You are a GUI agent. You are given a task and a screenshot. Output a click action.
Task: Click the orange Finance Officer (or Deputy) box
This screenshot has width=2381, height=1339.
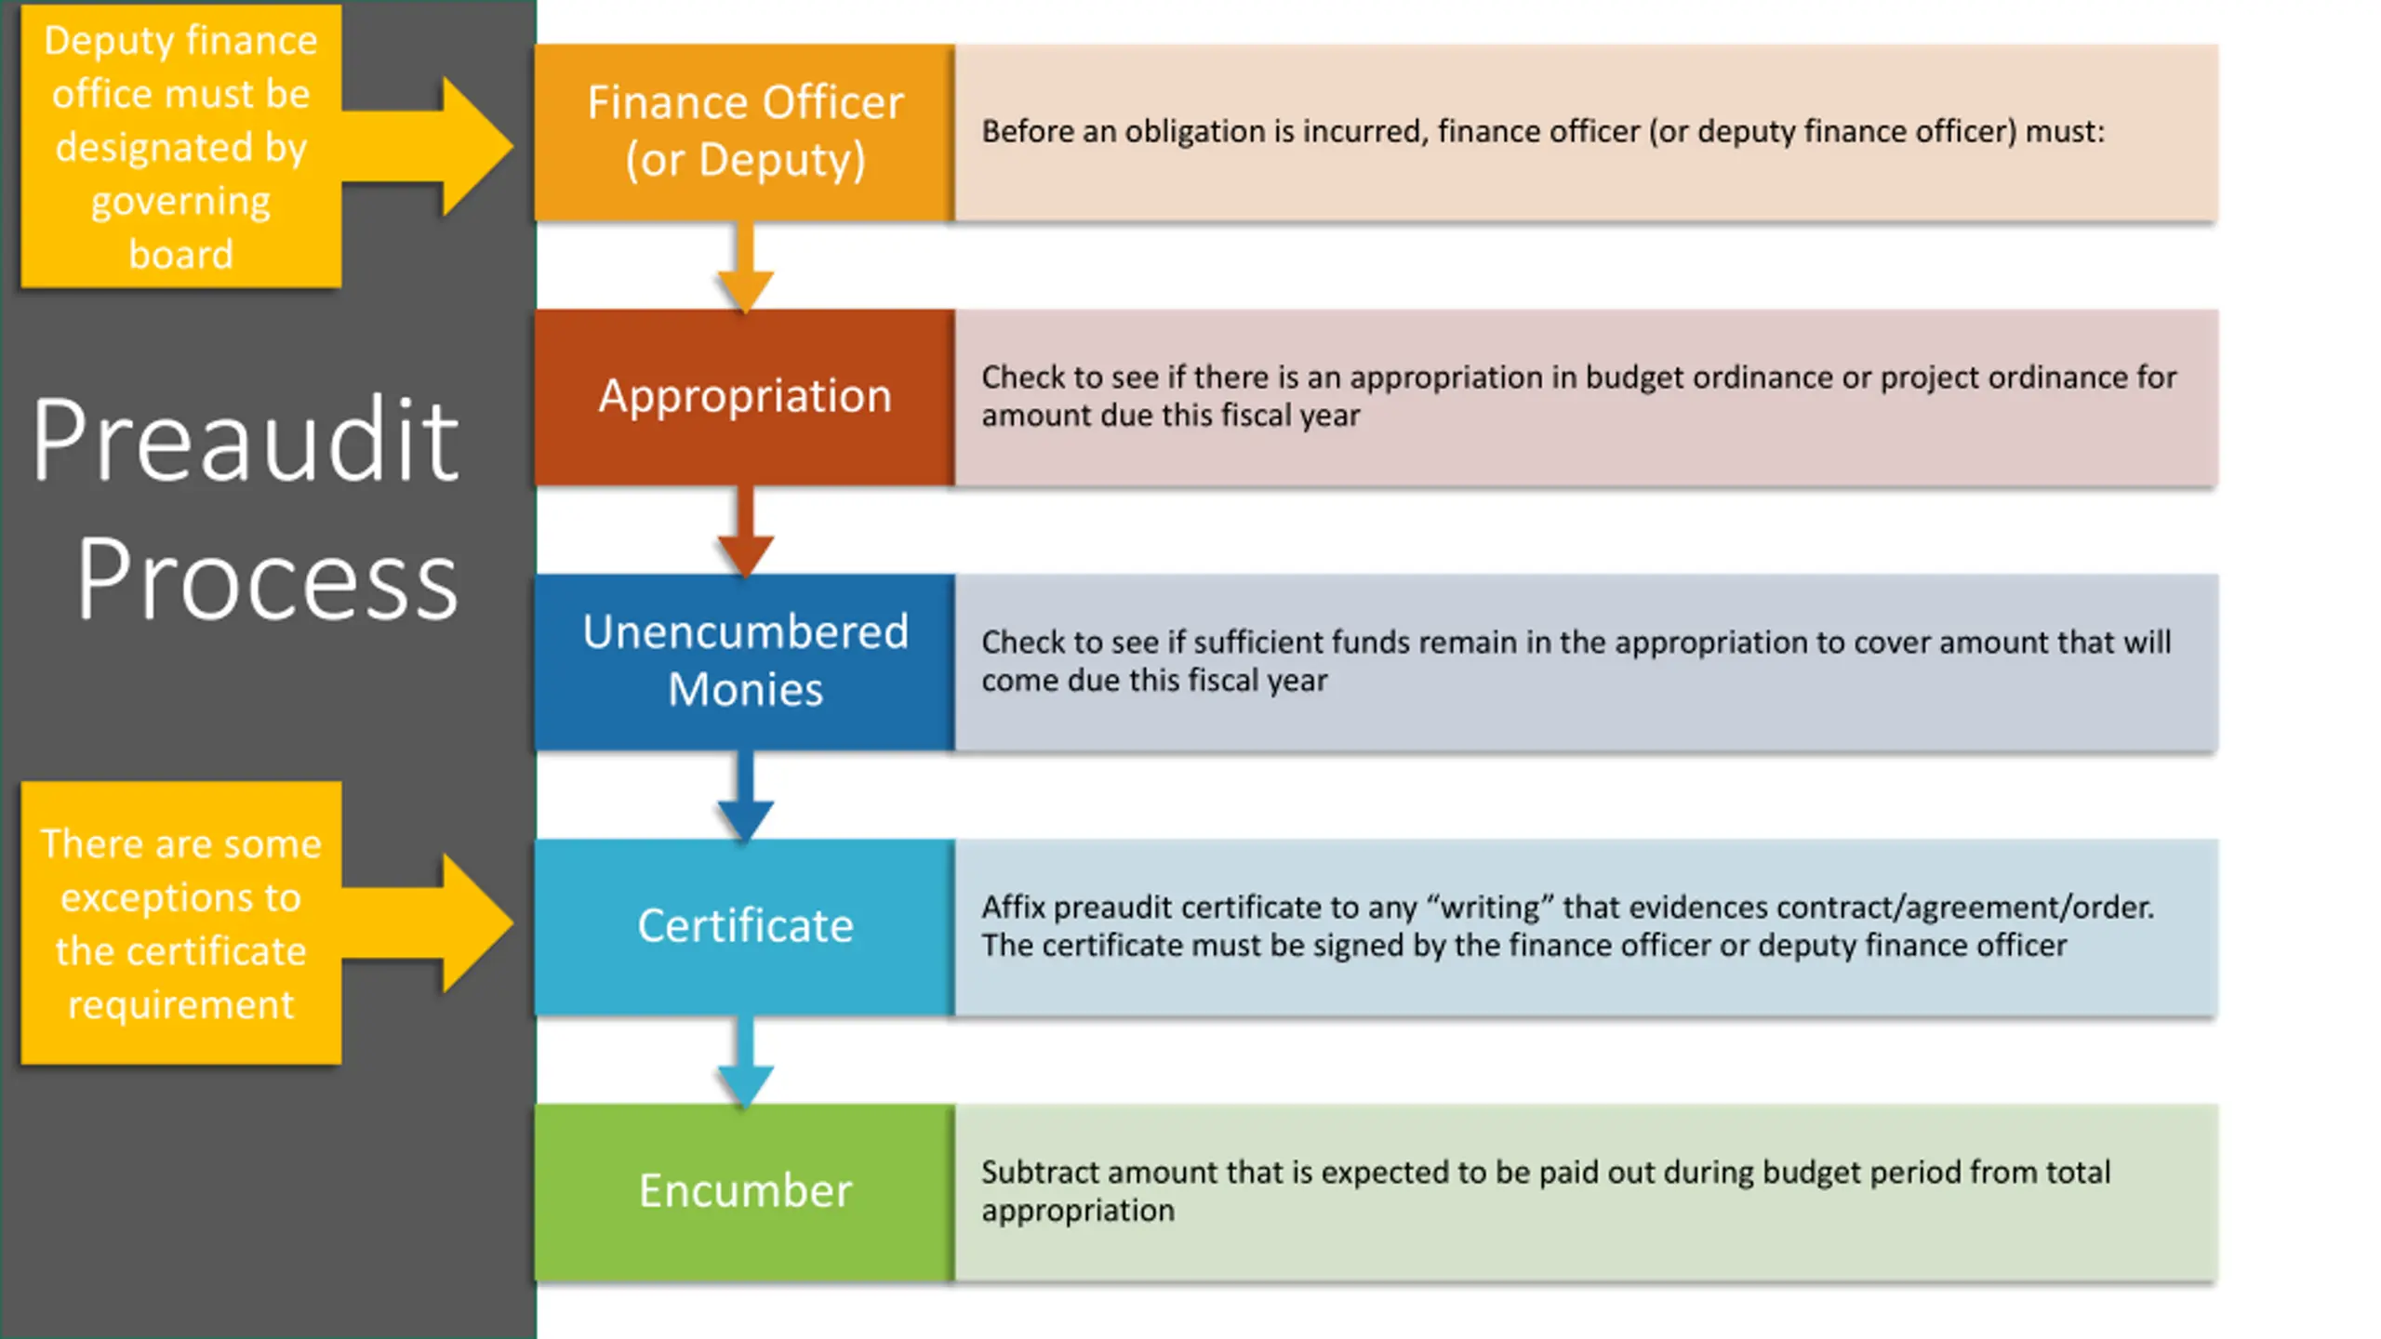coord(745,132)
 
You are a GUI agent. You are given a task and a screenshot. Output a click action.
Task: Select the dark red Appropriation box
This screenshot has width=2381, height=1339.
coord(745,397)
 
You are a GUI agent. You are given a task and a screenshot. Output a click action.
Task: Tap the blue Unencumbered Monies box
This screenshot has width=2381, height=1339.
coord(745,662)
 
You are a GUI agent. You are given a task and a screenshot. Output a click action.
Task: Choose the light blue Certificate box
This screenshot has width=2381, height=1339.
coord(745,927)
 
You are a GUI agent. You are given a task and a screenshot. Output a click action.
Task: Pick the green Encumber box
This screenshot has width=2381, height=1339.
coord(745,1192)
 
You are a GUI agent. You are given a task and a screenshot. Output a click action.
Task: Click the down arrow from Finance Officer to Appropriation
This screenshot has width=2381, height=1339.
coord(745,266)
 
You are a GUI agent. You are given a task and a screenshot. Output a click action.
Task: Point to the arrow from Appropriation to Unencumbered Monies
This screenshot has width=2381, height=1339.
coord(745,531)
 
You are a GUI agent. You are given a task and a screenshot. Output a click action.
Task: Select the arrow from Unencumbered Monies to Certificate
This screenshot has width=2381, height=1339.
coord(745,796)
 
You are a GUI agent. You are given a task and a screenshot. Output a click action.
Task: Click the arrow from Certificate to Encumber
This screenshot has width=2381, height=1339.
coord(745,1061)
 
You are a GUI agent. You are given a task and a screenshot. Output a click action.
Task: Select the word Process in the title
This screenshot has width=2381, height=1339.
coord(267,580)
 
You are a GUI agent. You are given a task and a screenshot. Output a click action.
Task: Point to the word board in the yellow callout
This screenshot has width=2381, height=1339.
coord(180,254)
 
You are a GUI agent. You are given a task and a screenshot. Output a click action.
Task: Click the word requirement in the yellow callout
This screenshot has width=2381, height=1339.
coord(180,1005)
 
